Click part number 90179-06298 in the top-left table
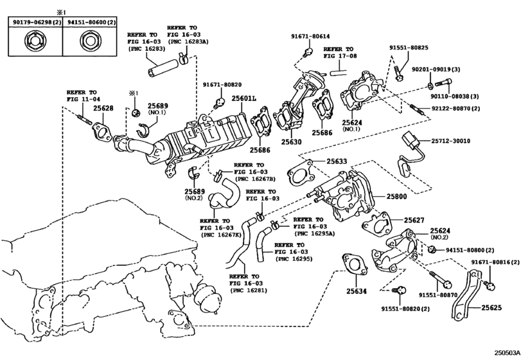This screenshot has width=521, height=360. [x=32, y=22]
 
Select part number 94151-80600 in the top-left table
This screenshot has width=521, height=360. [x=87, y=22]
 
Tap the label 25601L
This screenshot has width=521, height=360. [x=244, y=98]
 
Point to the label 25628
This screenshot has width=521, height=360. [x=103, y=108]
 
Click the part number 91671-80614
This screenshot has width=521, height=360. [x=310, y=36]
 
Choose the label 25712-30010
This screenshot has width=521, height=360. [x=450, y=141]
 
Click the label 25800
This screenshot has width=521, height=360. [x=396, y=197]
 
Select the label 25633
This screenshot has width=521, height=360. [x=337, y=161]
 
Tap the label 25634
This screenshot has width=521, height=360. [x=357, y=291]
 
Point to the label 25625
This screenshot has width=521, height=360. [x=491, y=307]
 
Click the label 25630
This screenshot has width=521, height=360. [x=292, y=142]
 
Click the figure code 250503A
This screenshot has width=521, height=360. [x=507, y=352]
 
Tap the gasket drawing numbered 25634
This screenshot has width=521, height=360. [x=355, y=265]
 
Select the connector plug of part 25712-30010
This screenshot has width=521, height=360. [x=411, y=141]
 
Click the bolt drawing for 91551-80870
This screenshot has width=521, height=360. [x=441, y=280]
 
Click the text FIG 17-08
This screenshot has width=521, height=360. [x=340, y=56]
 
